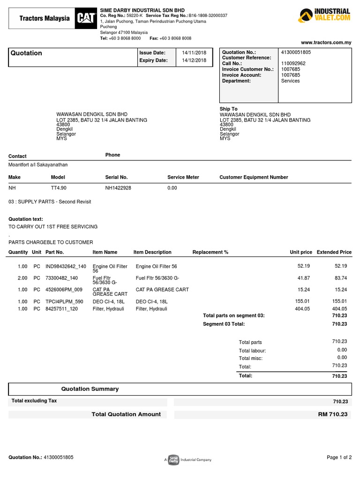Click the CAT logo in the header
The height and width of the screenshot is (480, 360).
[86, 18]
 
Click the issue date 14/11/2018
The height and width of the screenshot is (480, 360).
[194, 53]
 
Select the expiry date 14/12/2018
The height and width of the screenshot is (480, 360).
[194, 60]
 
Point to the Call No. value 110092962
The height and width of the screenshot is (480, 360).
[293, 63]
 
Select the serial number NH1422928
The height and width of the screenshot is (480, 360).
[118, 188]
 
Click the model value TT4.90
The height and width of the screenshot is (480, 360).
[59, 188]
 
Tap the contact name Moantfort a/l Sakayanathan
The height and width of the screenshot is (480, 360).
[41, 165]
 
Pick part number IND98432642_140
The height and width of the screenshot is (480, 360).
[66, 266]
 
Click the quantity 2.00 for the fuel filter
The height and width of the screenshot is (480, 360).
[22, 278]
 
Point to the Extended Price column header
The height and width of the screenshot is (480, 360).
[334, 252]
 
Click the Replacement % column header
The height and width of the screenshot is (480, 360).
[210, 252]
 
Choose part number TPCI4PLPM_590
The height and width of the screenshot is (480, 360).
[64, 301]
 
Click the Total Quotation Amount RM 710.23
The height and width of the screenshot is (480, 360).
[332, 414]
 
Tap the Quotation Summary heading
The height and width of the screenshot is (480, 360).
[90, 389]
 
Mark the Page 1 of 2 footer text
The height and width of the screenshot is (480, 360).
[339, 457]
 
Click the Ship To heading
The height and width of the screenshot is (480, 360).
[228, 109]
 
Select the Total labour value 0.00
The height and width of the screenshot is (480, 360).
[342, 350]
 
